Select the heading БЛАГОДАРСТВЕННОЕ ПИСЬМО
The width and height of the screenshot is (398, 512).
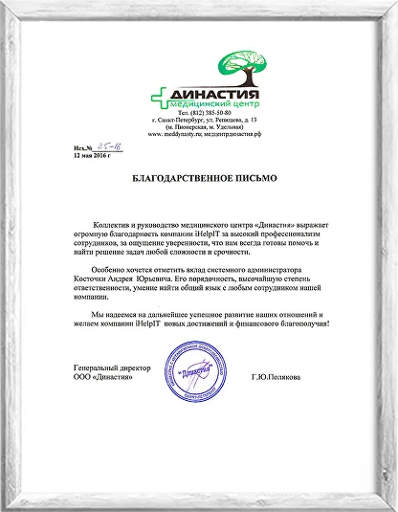coord(198,179)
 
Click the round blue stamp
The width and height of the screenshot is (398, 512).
coord(198,372)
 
